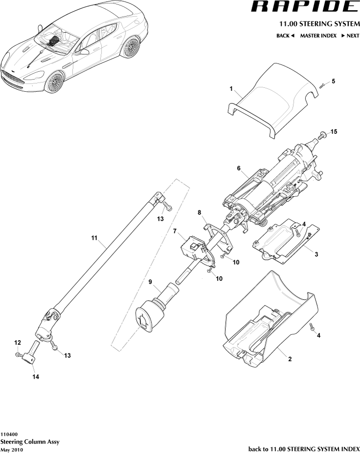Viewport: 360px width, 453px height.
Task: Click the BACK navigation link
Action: coord(285,36)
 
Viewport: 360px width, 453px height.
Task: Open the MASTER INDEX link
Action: coord(318,36)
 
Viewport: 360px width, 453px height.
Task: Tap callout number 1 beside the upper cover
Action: coord(231,89)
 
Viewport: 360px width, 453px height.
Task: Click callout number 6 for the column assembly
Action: coord(239,168)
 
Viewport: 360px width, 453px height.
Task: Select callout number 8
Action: coord(199,212)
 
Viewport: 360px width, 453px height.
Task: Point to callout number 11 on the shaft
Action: coord(94,238)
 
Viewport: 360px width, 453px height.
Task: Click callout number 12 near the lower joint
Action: coord(17,342)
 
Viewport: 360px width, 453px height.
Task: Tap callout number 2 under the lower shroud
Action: coord(290,359)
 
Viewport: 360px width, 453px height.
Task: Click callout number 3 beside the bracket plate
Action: coord(316,254)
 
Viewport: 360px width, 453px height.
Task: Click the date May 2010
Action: coord(12,450)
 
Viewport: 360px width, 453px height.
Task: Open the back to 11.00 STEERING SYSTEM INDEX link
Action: coord(304,449)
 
